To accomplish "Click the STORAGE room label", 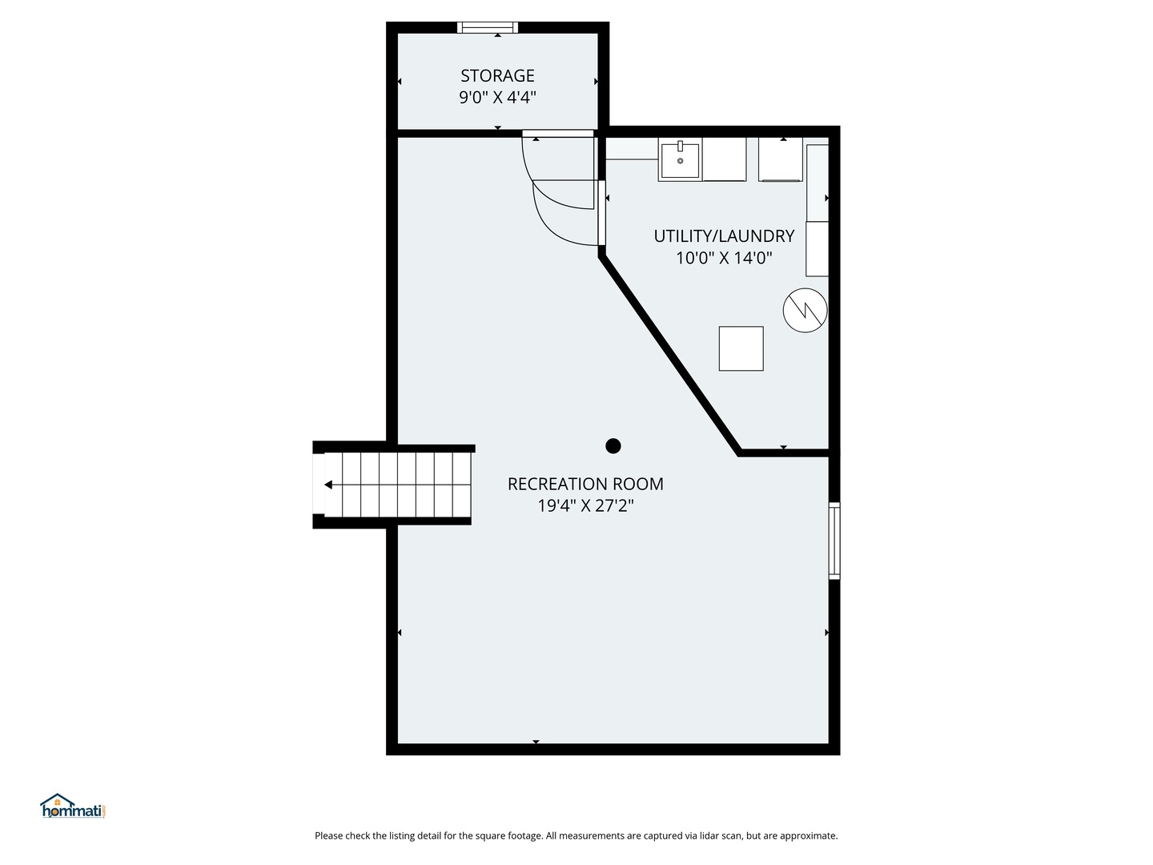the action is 497,76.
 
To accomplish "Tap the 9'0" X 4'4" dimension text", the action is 497,98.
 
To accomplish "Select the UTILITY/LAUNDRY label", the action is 724,236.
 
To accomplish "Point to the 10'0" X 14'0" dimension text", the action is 724,259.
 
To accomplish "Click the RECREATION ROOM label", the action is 585,485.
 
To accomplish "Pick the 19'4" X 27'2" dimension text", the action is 585,505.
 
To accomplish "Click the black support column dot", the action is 613,446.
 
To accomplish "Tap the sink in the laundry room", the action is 681,159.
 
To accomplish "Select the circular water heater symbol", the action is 805,310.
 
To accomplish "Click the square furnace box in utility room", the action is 741,348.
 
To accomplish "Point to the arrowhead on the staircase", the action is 328,485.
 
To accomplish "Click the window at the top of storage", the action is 488,27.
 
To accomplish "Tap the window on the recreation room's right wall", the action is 834,541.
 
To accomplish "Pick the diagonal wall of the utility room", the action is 669,355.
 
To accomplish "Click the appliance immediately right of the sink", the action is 725,159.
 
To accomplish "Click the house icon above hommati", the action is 58,800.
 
